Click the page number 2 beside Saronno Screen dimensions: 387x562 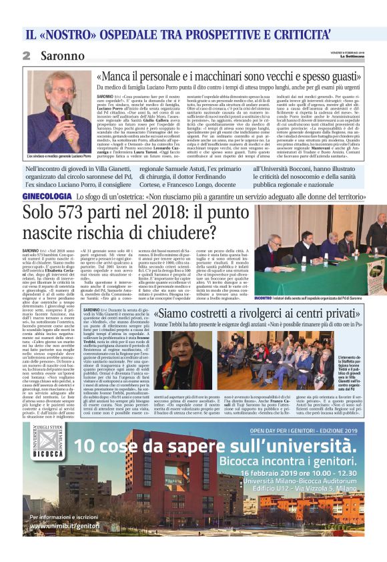click(x=27, y=56)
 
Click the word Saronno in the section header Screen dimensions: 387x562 click(x=57, y=56)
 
